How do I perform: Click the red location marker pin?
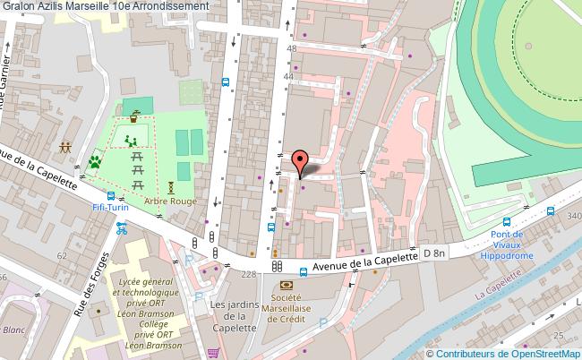coord(301,161)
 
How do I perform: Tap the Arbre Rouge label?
coord(171,201)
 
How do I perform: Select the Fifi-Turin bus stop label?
coord(111,208)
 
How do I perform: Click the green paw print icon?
coord(94,162)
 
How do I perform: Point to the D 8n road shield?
coord(434,254)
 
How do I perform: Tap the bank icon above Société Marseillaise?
coord(287,285)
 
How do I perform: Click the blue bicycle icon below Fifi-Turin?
coord(121,227)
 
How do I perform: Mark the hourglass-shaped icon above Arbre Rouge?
coord(170,186)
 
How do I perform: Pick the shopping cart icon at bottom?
coord(213,352)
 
